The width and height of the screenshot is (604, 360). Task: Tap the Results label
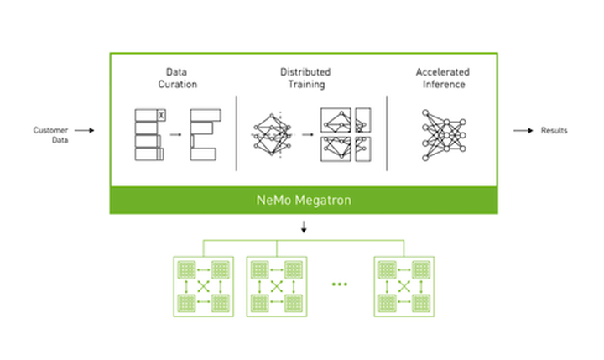click(x=554, y=131)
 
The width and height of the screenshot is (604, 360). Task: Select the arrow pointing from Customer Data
click(x=83, y=131)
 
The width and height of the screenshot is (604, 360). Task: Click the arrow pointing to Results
click(x=523, y=131)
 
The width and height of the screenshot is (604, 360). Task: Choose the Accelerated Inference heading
click(x=442, y=78)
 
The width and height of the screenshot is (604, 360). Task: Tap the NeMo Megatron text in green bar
click(x=303, y=201)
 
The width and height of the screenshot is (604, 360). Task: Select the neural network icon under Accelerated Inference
click(x=442, y=133)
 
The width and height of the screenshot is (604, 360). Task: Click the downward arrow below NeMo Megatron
click(x=303, y=227)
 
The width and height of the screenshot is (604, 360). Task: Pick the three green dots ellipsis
click(x=339, y=285)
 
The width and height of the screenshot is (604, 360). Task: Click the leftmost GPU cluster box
click(x=202, y=285)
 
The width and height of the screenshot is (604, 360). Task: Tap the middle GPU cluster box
click(x=277, y=285)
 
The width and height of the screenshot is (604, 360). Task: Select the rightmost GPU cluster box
click(x=404, y=285)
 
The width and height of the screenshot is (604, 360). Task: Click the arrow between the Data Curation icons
click(x=176, y=133)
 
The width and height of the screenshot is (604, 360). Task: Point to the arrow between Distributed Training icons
click(x=306, y=133)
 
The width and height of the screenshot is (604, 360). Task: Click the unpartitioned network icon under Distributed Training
click(x=271, y=133)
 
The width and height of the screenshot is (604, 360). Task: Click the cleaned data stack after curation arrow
click(x=205, y=134)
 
